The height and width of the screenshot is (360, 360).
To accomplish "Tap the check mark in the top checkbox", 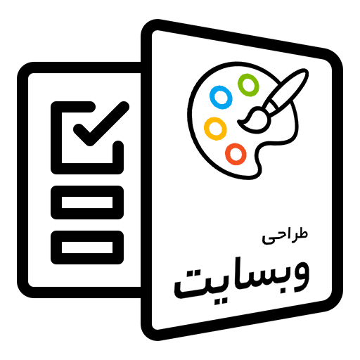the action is pos(101,124).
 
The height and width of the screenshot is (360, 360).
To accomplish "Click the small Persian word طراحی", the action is pos(285,237).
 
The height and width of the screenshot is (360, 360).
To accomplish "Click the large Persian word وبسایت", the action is pos(242,279).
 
